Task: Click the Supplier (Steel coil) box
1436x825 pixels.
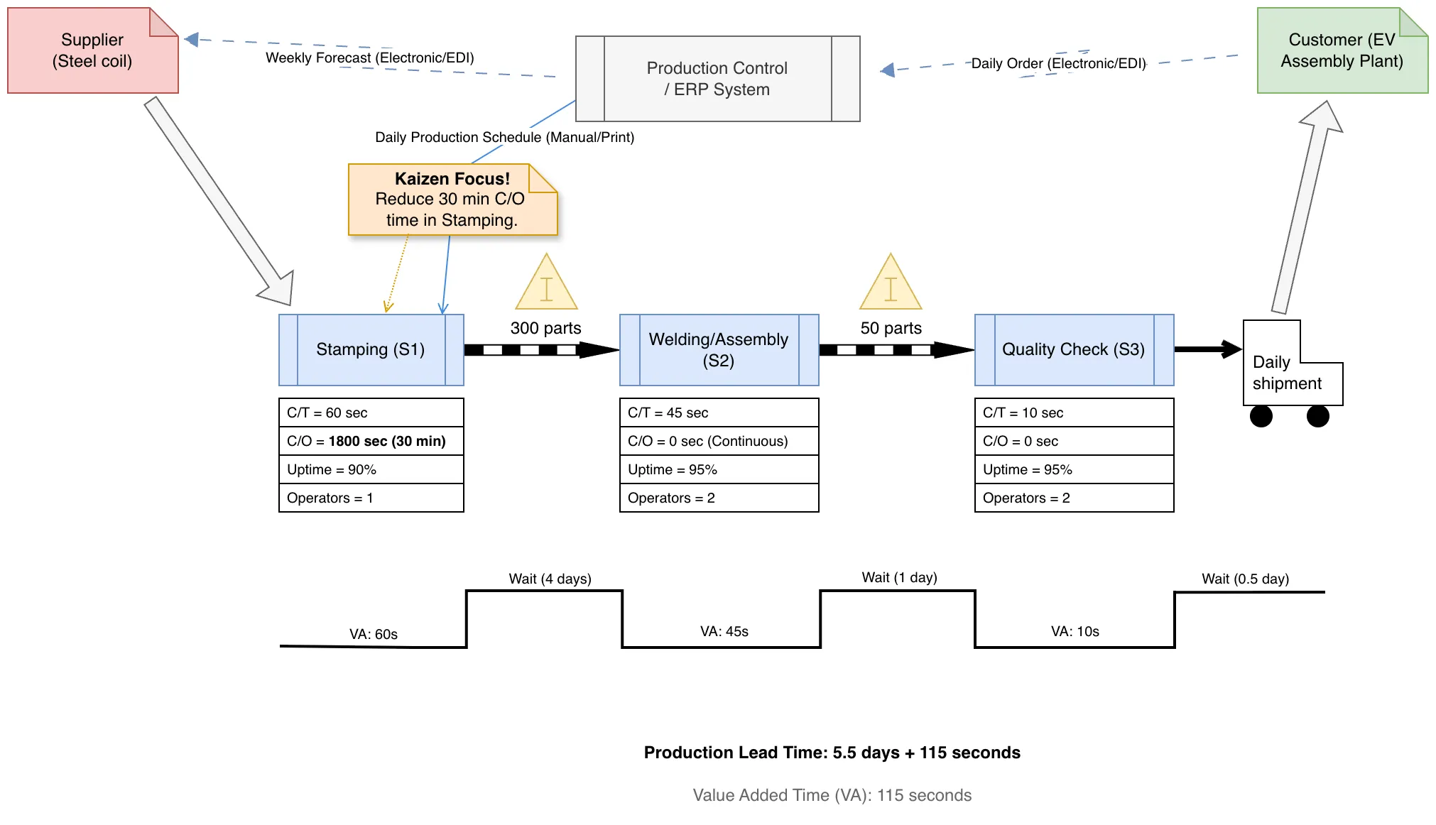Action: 92,50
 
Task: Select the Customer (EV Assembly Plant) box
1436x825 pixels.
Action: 1342,50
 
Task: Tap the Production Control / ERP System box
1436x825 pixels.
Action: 717,79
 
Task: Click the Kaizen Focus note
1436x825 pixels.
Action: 452,200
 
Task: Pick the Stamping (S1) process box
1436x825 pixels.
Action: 371,350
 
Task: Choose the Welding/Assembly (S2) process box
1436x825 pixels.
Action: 719,350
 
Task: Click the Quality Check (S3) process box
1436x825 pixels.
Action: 1074,350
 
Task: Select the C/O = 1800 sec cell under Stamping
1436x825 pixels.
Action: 371,441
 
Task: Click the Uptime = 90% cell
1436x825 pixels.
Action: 371,469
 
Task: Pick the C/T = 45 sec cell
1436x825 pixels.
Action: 719,412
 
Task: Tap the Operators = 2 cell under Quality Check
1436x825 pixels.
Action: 1074,498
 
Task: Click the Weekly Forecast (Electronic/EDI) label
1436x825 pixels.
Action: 370,58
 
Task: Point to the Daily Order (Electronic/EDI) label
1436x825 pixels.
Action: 1058,63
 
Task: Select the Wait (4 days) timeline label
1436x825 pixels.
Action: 550,579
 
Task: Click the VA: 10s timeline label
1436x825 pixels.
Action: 1075,631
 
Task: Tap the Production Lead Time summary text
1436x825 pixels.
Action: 832,753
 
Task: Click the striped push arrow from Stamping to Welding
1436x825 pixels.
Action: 542,350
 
